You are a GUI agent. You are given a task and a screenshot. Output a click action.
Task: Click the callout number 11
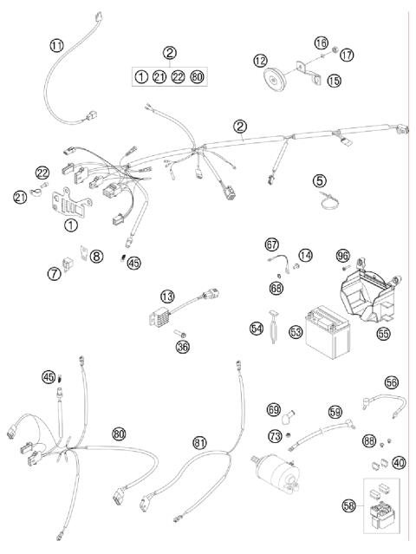click(x=56, y=45)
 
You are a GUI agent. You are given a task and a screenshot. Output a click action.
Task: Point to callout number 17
click(x=346, y=55)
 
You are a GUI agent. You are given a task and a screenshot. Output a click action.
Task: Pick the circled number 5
click(x=320, y=181)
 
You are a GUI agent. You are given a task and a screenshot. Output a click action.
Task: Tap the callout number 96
click(x=343, y=256)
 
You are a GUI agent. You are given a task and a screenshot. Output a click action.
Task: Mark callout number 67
click(x=271, y=245)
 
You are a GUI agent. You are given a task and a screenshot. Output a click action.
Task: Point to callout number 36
click(x=183, y=348)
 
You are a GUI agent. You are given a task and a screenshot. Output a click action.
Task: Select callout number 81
click(x=200, y=442)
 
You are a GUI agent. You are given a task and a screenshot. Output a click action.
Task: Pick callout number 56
click(x=392, y=382)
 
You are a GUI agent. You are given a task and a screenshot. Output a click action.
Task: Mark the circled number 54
click(x=257, y=329)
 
